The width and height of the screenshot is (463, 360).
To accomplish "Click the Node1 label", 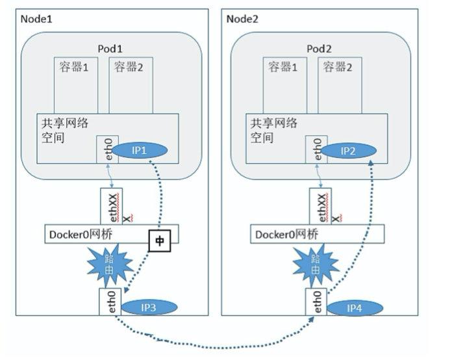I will pyautogui.click(x=36, y=18).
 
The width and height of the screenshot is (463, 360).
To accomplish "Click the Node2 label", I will pyautogui.click(x=243, y=18).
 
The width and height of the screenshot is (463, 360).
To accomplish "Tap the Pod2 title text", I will pyautogui.click(x=319, y=49).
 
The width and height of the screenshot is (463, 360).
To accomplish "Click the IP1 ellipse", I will pyautogui.click(x=140, y=149).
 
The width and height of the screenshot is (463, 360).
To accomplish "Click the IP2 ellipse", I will pyautogui.click(x=349, y=151).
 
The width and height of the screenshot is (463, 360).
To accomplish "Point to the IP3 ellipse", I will pyautogui.click(x=149, y=306).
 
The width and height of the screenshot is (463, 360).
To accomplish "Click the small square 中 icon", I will pyautogui.click(x=159, y=240).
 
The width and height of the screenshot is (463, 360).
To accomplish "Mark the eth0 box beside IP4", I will pyautogui.click(x=316, y=302).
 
